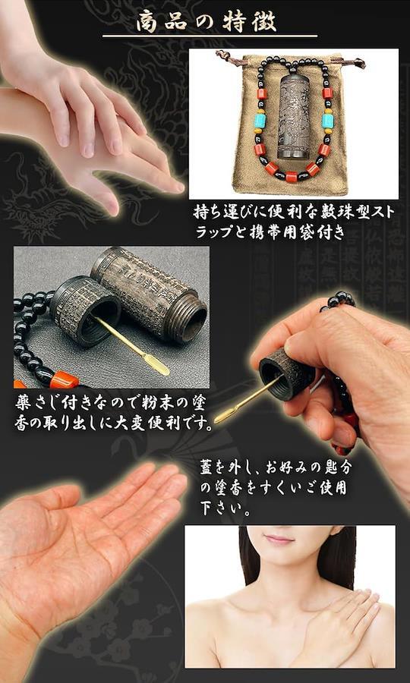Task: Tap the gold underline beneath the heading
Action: click(x=210, y=36)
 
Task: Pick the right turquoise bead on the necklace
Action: click(x=327, y=120)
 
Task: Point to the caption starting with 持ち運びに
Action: click(x=294, y=222)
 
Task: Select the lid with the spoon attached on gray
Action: click(x=85, y=310)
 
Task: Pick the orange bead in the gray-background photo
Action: click(x=63, y=381)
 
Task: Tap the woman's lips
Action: click(x=279, y=540)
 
